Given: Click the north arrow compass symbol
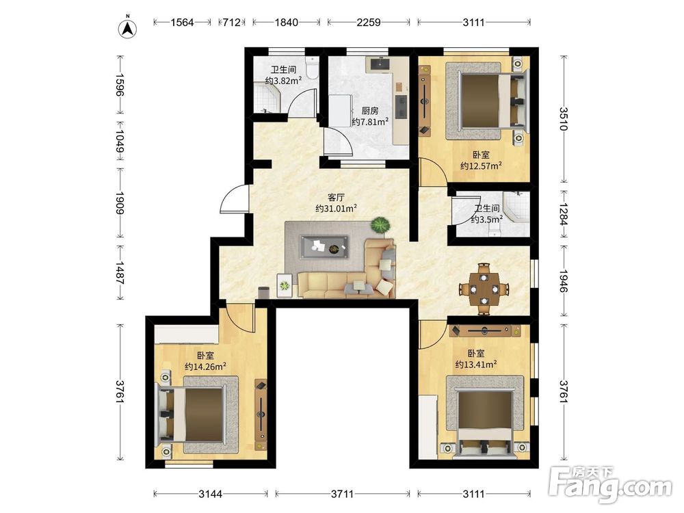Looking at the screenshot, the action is (128, 27).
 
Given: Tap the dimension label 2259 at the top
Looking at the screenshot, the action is (369, 23).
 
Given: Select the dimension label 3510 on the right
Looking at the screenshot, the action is (564, 119).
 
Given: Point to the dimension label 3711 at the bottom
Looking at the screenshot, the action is (342, 494).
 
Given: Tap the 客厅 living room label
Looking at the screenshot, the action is (336, 197).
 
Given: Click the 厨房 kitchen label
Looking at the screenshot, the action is (370, 111).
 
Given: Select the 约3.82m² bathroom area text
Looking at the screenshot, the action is (284, 81).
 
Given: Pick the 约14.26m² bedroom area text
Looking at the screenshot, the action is (205, 367).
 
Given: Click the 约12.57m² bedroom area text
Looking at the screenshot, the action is (481, 166).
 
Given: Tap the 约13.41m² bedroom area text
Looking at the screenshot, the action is (476, 364).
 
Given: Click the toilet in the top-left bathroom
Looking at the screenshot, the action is (313, 68).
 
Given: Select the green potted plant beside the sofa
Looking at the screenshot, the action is (380, 226).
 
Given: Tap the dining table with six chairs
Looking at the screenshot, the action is (484, 289).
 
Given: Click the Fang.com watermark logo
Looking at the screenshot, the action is (610, 485).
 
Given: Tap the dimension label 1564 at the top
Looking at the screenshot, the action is (182, 23).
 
